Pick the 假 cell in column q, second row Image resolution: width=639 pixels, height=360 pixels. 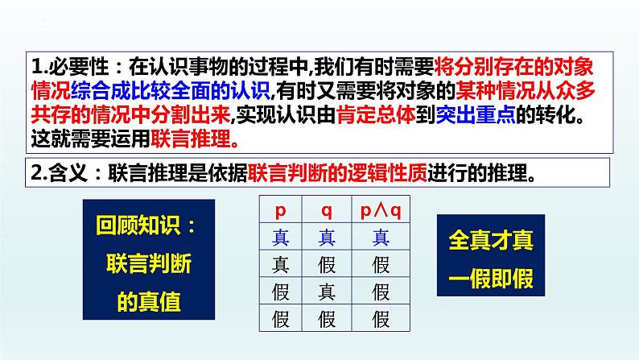coord(327,263)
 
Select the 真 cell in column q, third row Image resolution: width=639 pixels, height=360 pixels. coord(327,290)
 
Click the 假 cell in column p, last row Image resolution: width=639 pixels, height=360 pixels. coord(281,317)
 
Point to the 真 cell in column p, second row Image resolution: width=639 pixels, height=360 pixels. coord(281,263)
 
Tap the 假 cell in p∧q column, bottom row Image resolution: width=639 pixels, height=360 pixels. coord(381,317)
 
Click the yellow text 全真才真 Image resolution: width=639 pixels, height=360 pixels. coord(490,239)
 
